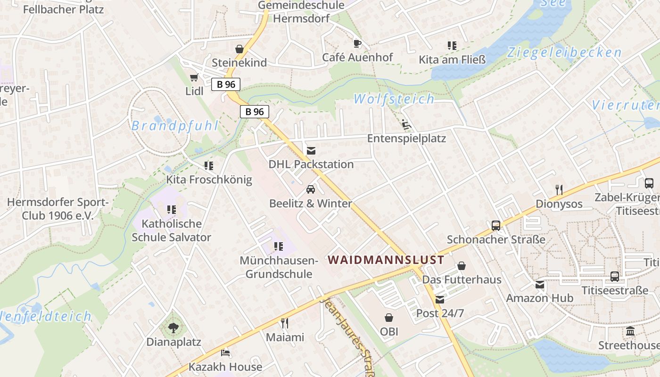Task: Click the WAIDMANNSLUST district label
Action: point(386,260)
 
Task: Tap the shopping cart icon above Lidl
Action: point(194,77)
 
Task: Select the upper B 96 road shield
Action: point(226,84)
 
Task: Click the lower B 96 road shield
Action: point(255,112)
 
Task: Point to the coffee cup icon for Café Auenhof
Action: point(357,44)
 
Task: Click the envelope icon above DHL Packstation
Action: point(311,151)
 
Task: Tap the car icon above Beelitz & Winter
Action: point(311,189)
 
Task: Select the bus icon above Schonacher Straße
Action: point(496,226)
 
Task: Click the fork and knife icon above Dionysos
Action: point(559,190)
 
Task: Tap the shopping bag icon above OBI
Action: point(389,318)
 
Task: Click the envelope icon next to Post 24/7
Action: point(440,300)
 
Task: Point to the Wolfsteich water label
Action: point(394,99)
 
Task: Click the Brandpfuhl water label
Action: point(175,126)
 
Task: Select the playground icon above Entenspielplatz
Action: point(406,125)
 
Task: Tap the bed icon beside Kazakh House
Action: point(225,352)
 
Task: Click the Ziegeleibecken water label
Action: point(564,53)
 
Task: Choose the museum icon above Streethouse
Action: point(630,331)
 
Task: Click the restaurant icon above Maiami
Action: point(285,323)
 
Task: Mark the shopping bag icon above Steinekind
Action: point(239,49)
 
